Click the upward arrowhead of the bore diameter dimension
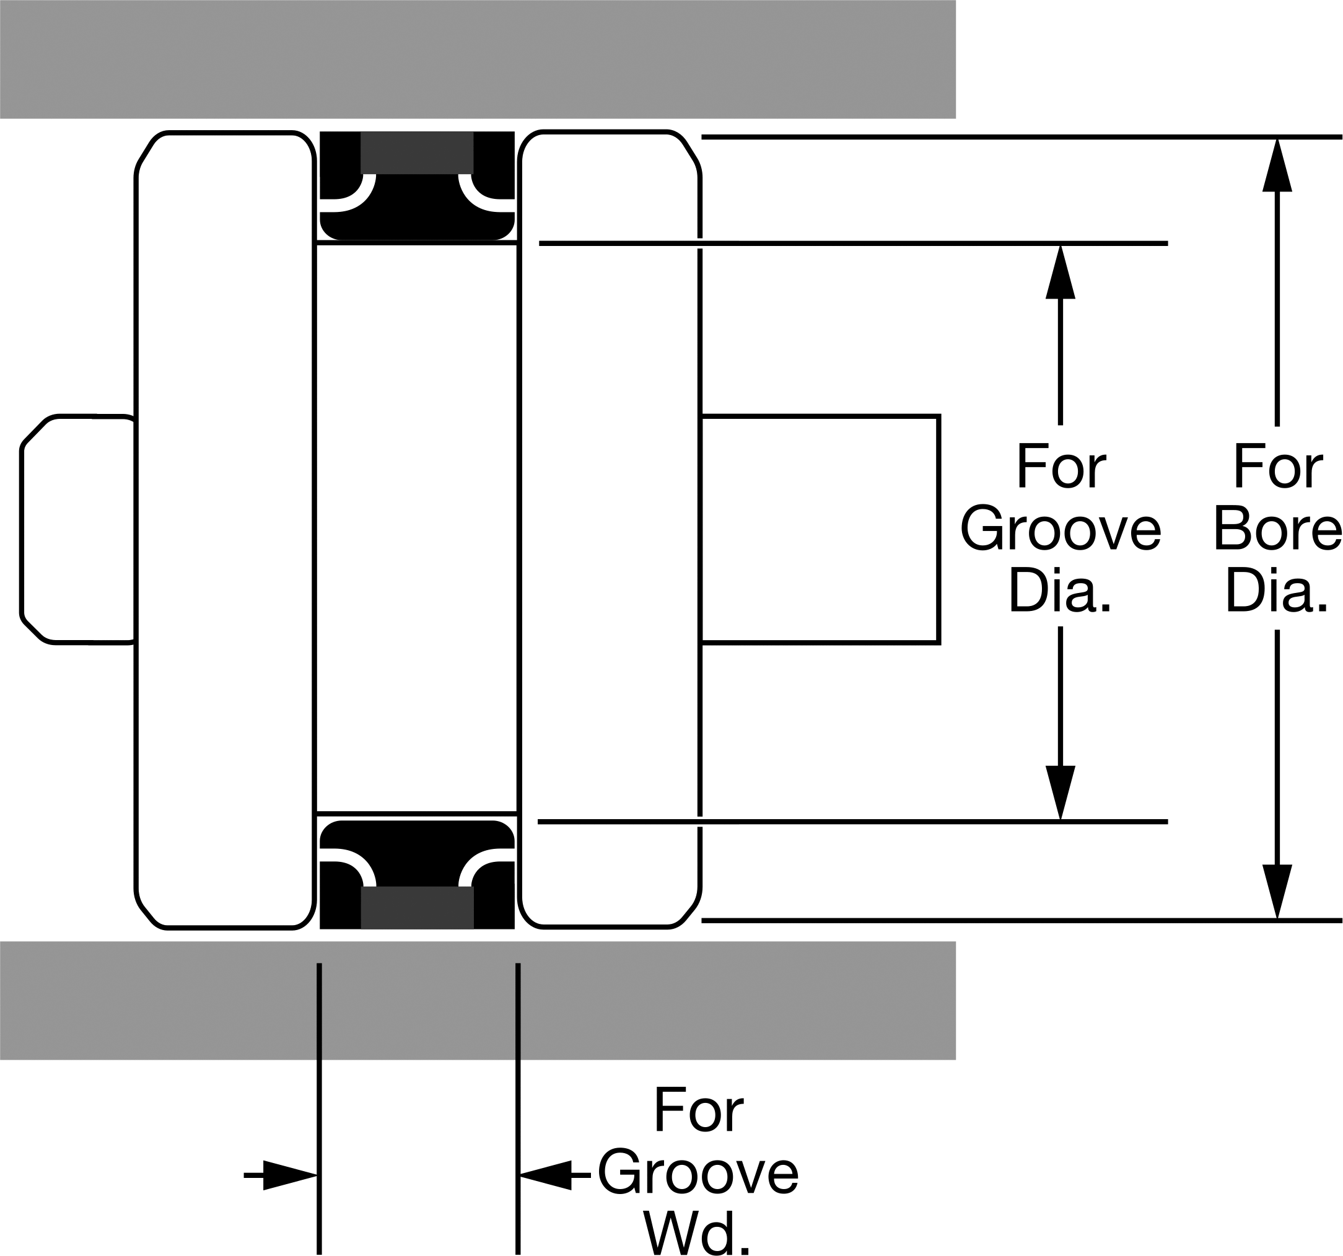pyautogui.click(x=1277, y=165)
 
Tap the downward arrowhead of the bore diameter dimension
pyautogui.click(x=1277, y=892)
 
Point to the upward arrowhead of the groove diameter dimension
pyautogui.click(x=1060, y=271)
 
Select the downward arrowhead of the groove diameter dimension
pyautogui.click(x=1060, y=793)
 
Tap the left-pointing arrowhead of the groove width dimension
pyautogui.click(x=545, y=1175)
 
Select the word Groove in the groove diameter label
pyautogui.click(x=1060, y=529)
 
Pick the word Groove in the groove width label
pyautogui.click(x=698, y=1174)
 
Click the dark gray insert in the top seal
pyautogui.click(x=417, y=152)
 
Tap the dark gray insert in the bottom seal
pyautogui.click(x=418, y=907)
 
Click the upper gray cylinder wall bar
pyautogui.click(x=478, y=59)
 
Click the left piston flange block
pyautogui.click(x=225, y=530)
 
